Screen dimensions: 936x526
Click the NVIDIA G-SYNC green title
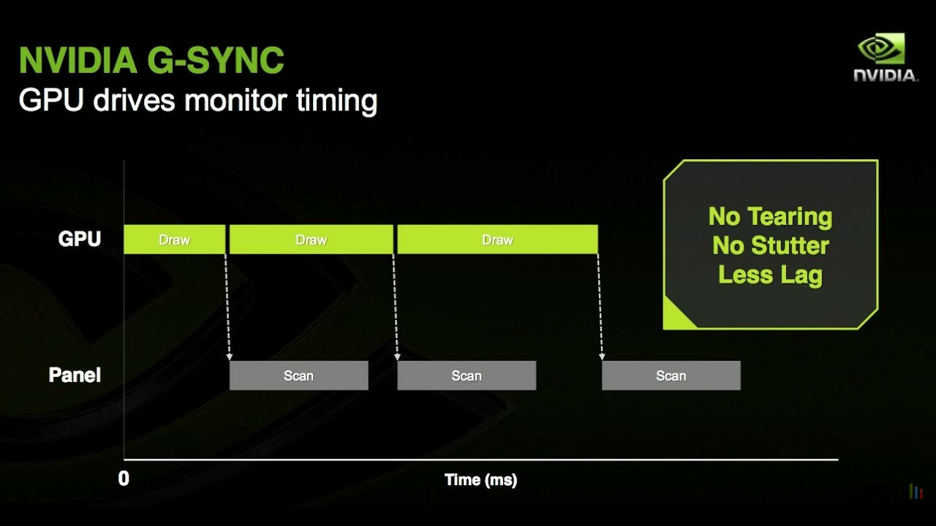pyautogui.click(x=151, y=60)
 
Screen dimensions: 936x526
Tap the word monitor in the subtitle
pyautogui.click(x=235, y=100)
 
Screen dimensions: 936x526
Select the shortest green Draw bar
pyautogui.click(x=174, y=239)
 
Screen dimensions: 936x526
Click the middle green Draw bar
pyautogui.click(x=312, y=239)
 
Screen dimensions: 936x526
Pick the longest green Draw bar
pyautogui.click(x=497, y=239)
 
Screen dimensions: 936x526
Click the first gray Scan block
pyautogui.click(x=299, y=376)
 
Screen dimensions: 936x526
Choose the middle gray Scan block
pyautogui.click(x=467, y=376)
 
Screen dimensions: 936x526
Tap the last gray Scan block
pyautogui.click(x=671, y=376)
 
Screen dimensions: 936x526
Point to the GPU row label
pyautogui.click(x=80, y=239)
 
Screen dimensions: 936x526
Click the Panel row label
pyautogui.click(x=75, y=375)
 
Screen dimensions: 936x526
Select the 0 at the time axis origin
pyautogui.click(x=124, y=479)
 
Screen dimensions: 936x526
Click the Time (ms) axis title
pyautogui.click(x=480, y=480)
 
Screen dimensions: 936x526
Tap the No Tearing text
pyautogui.click(x=770, y=217)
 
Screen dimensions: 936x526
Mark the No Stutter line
pyautogui.click(x=771, y=245)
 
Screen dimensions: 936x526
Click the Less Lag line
pyautogui.click(x=770, y=275)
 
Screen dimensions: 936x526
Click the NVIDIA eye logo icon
pyautogui.click(x=881, y=49)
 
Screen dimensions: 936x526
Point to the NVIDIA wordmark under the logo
pyautogui.click(x=885, y=75)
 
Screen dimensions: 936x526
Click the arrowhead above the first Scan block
pyautogui.click(x=230, y=357)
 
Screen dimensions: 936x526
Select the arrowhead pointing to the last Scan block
pyautogui.click(x=602, y=357)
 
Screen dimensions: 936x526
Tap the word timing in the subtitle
pyautogui.click(x=336, y=102)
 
